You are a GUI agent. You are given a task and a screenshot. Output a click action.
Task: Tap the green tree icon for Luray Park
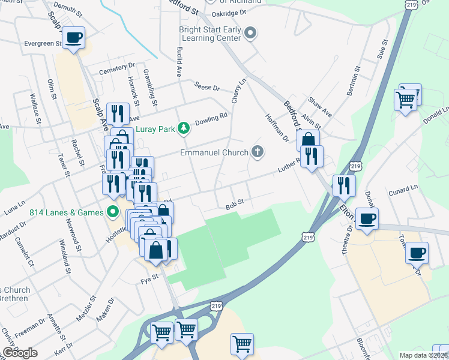tap(185, 127)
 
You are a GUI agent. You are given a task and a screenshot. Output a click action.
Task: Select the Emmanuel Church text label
tap(214, 152)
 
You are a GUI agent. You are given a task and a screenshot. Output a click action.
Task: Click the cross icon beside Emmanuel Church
tap(258, 151)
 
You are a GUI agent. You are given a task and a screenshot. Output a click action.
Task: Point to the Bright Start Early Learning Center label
tap(210, 34)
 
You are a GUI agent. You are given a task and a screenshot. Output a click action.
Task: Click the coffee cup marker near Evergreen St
tap(74, 38)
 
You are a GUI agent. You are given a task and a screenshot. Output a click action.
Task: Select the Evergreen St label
tap(43, 44)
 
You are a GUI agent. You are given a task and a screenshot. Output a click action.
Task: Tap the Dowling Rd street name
tap(211, 118)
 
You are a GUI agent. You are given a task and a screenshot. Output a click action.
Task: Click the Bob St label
tap(234, 203)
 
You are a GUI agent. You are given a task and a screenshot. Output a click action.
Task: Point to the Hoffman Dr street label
tap(277, 127)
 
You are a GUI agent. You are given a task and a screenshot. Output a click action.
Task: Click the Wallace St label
tap(35, 108)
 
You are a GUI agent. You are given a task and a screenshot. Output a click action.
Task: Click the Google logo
tap(20, 353)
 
